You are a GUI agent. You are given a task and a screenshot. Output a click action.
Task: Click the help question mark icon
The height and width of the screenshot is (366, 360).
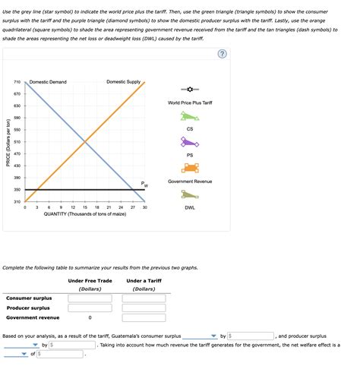pos(221,54)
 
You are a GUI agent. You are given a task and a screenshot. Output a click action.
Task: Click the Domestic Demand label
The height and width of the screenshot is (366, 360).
pos(48,82)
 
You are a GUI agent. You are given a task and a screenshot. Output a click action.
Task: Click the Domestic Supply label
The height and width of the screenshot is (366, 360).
pos(123,82)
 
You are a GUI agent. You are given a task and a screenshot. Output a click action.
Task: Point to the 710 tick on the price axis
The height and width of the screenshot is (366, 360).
pos(17,82)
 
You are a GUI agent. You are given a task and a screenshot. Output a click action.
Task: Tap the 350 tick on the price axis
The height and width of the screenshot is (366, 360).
pos(17,190)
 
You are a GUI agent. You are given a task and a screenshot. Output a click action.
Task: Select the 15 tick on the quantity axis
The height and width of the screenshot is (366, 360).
pos(85,207)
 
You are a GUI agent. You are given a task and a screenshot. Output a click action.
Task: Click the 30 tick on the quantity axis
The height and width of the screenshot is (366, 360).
pos(144,207)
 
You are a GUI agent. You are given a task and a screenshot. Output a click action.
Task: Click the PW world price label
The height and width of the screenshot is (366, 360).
pos(144,184)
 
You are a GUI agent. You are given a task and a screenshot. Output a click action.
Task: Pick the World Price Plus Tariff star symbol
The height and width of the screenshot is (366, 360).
pos(189,90)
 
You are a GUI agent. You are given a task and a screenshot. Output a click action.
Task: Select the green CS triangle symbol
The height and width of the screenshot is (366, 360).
pos(189,117)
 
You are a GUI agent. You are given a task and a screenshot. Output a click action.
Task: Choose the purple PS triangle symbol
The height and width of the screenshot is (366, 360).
pos(189,142)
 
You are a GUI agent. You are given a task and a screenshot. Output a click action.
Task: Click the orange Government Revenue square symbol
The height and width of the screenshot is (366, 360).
pos(190,168)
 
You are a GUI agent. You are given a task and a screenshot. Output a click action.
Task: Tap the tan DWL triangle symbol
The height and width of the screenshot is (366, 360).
pos(189,195)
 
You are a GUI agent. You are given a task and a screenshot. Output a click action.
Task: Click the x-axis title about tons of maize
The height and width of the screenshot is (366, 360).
pos(84,214)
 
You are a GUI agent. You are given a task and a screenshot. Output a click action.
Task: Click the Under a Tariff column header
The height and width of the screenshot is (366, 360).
pos(144,281)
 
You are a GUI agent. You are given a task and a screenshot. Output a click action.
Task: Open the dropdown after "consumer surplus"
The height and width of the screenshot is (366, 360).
pos(200,336)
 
